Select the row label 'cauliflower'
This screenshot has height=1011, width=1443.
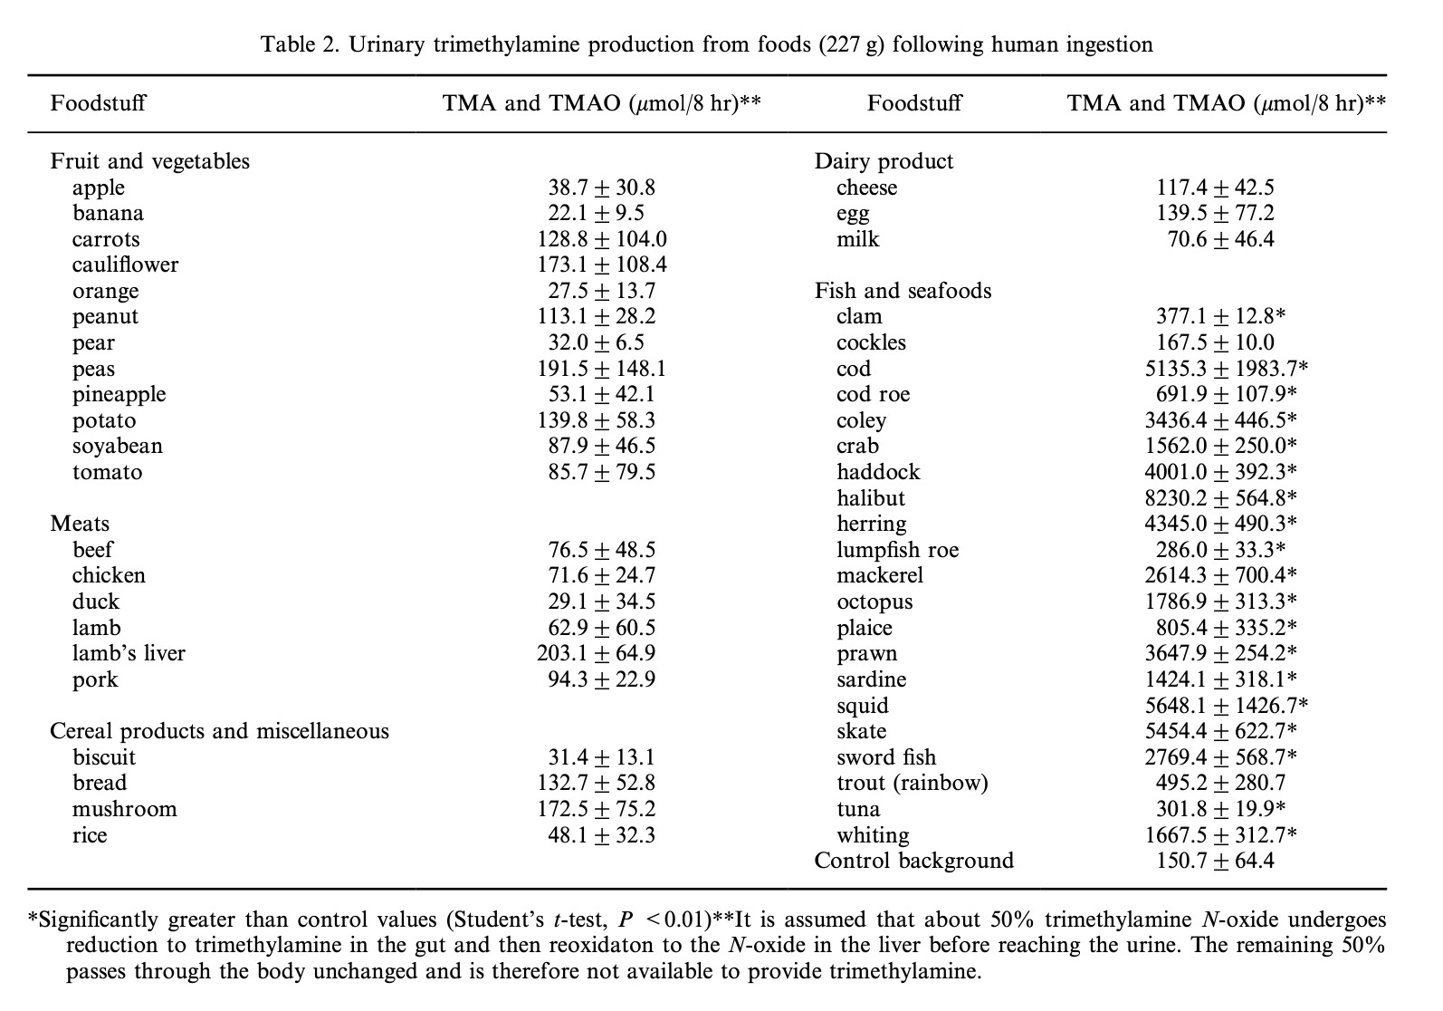[x=126, y=265]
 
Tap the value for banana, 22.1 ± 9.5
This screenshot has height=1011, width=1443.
[x=596, y=213]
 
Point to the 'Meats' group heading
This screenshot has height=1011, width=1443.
[x=80, y=524]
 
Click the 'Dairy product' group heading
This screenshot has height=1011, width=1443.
[x=884, y=161]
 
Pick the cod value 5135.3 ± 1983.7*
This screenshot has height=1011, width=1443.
[x=1226, y=369]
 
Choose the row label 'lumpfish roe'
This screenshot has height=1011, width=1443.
[x=897, y=550]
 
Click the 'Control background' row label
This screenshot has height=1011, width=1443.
[x=914, y=861]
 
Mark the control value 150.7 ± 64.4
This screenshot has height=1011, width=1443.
[x=1215, y=861]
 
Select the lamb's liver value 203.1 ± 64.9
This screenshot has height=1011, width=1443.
[x=596, y=653]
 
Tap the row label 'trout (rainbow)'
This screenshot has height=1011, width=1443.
[x=913, y=783]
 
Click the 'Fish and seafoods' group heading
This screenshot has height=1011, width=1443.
[x=903, y=291]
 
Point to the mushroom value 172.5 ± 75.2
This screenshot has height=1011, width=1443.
[x=596, y=809]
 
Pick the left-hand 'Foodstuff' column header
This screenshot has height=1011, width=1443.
[x=98, y=102]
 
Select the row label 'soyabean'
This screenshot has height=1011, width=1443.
[x=118, y=446]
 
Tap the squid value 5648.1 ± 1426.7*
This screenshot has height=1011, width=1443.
[x=1226, y=706]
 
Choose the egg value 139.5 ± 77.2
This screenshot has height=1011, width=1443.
[x=1215, y=213]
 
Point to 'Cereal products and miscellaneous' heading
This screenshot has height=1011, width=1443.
[x=219, y=731]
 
